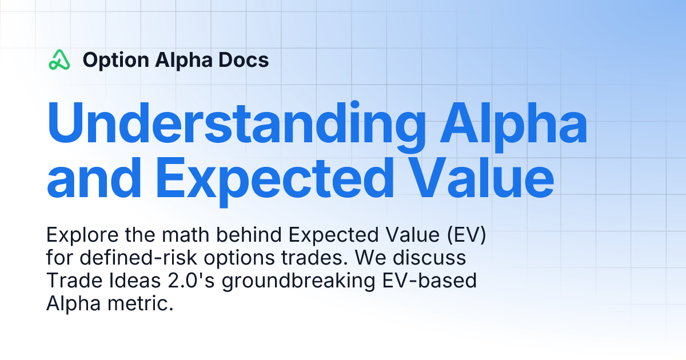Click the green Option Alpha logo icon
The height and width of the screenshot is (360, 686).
tap(59, 59)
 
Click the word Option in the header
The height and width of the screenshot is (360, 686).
tap(116, 61)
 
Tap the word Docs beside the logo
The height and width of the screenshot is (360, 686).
tap(244, 60)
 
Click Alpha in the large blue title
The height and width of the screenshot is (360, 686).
tap(513, 126)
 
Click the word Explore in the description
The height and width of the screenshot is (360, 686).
tap(82, 235)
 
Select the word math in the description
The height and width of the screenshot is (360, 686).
tap(185, 235)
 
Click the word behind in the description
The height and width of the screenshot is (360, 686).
tap(249, 235)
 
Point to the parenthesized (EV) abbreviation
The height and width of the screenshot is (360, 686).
tap(466, 235)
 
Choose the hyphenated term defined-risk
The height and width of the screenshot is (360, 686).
tap(138, 258)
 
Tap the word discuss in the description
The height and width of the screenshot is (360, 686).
tap(429, 258)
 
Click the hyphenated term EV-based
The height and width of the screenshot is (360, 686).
tap(429, 281)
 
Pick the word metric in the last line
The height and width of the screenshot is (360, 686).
tap(141, 303)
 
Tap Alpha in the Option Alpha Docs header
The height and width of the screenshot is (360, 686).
tap(184, 61)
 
